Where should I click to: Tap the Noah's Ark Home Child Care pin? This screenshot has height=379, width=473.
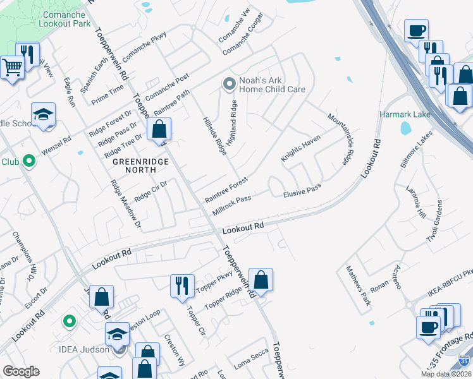click(228, 83)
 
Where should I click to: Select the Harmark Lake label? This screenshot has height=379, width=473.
click(405, 114)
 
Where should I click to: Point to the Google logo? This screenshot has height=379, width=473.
click(21, 371)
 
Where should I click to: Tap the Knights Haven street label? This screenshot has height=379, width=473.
click(301, 148)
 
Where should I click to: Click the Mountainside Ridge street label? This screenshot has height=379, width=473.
click(338, 140)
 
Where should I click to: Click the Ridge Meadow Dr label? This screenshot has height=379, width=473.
click(125, 203)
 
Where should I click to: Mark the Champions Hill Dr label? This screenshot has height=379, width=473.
click(22, 256)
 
